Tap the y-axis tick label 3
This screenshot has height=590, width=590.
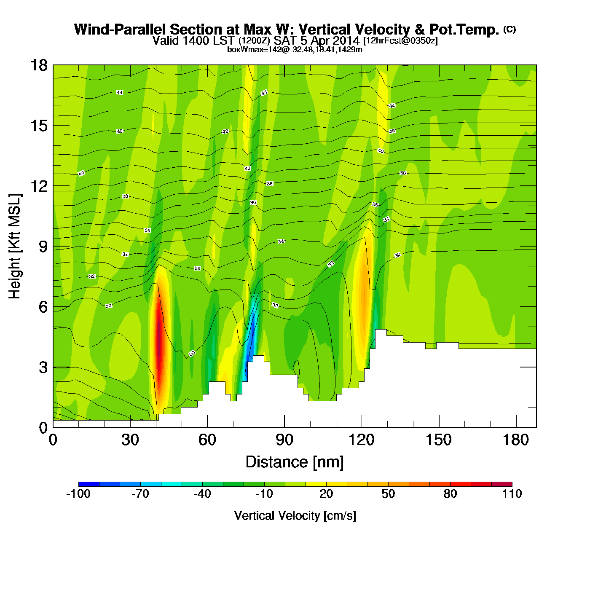[x=43, y=367]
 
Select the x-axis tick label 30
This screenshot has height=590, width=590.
[x=130, y=440]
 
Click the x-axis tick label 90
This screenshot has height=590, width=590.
[x=284, y=440]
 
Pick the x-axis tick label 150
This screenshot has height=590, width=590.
[x=439, y=440]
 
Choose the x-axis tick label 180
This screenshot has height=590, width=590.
[x=516, y=440]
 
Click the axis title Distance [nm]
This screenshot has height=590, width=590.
[x=295, y=462]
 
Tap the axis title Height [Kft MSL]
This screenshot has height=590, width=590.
[x=15, y=247]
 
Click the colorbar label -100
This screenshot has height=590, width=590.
[x=78, y=494]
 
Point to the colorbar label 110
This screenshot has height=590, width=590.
[x=512, y=494]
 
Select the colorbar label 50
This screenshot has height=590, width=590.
[x=388, y=494]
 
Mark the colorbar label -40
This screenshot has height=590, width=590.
[x=202, y=494]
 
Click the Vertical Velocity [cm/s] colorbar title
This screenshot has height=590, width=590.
[x=295, y=515]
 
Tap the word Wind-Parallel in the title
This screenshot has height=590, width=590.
[x=121, y=30]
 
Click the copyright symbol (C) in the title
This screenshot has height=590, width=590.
[x=510, y=29]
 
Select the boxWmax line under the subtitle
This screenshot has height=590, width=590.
[x=295, y=50]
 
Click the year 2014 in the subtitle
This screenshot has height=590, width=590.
[x=345, y=40]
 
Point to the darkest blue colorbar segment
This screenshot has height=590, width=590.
[x=89, y=484]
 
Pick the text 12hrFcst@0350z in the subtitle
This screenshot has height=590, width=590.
[x=400, y=41]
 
